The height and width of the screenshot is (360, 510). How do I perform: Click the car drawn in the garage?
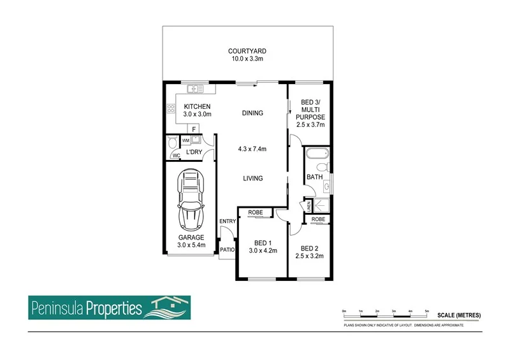coord(191,200)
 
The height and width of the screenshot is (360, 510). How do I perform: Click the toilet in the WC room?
coord(171,141)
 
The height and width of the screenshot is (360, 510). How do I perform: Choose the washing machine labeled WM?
coord(186,140)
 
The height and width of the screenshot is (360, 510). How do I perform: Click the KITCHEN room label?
coord(197,106)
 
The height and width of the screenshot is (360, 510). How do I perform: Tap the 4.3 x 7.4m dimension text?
coord(252,149)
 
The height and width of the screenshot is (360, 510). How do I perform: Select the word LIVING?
coord(252,178)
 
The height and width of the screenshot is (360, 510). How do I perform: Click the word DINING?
coord(252,113)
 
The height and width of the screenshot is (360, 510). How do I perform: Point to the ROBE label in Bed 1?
coord(255,212)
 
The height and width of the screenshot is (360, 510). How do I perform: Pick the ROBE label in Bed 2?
coord(318,219)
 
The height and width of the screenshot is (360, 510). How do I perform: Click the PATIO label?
coord(228,250)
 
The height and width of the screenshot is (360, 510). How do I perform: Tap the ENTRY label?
coord(228,222)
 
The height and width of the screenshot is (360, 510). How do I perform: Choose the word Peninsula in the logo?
coord(57,310)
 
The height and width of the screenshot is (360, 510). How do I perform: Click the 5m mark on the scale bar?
coord(426,310)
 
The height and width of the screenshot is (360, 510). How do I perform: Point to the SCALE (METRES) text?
coord(458,315)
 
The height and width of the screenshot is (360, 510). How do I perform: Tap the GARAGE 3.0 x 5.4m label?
coord(191,241)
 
